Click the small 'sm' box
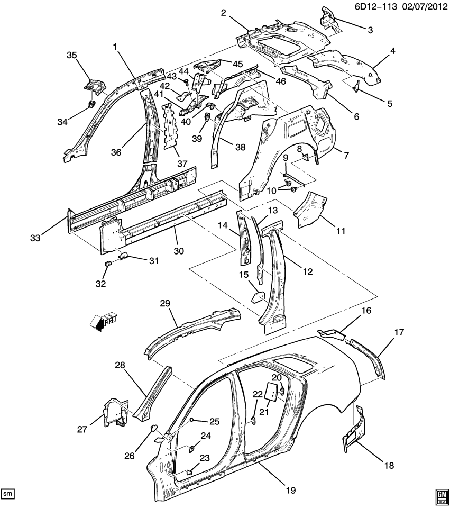pos(7,494)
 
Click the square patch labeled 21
pos(269,391)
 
